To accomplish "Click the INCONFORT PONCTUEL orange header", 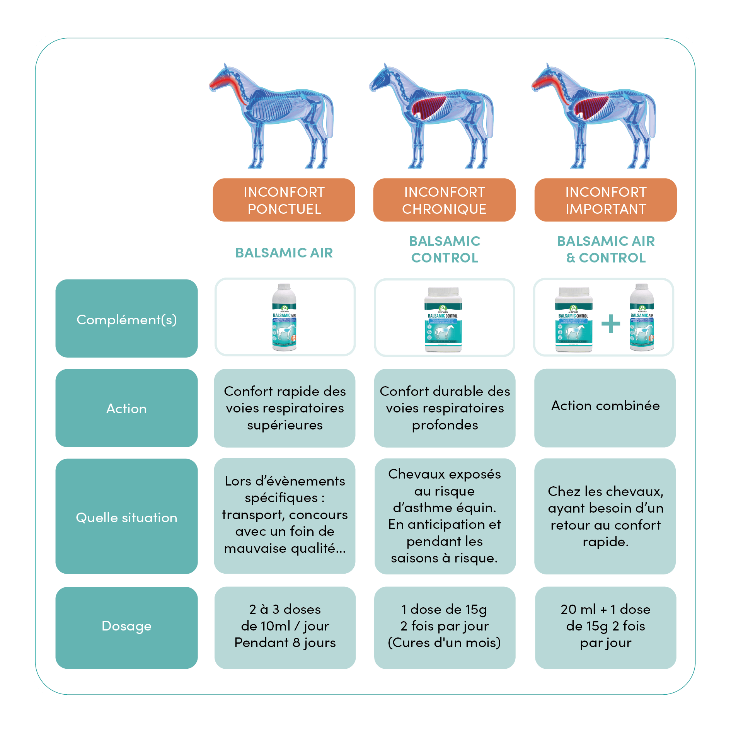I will pyautogui.click(x=284, y=200).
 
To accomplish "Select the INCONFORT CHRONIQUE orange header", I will pyautogui.click(x=444, y=200).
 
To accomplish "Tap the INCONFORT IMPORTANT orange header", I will pyautogui.click(x=605, y=200).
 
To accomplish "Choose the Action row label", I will pyautogui.click(x=126, y=408).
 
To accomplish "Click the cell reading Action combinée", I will pyautogui.click(x=605, y=408).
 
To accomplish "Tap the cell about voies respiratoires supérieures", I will pyautogui.click(x=285, y=408).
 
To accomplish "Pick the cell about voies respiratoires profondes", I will pyautogui.click(x=445, y=408).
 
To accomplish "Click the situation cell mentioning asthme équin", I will pyautogui.click(x=445, y=516).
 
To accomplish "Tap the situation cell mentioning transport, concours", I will pyautogui.click(x=285, y=516).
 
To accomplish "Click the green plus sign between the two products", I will pyautogui.click(x=610, y=324).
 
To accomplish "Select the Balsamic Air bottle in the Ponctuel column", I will pyautogui.click(x=284, y=317).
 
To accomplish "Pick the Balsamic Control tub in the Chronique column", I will pyautogui.click(x=443, y=319).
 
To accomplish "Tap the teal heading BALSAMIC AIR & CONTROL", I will pyautogui.click(x=605, y=249).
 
